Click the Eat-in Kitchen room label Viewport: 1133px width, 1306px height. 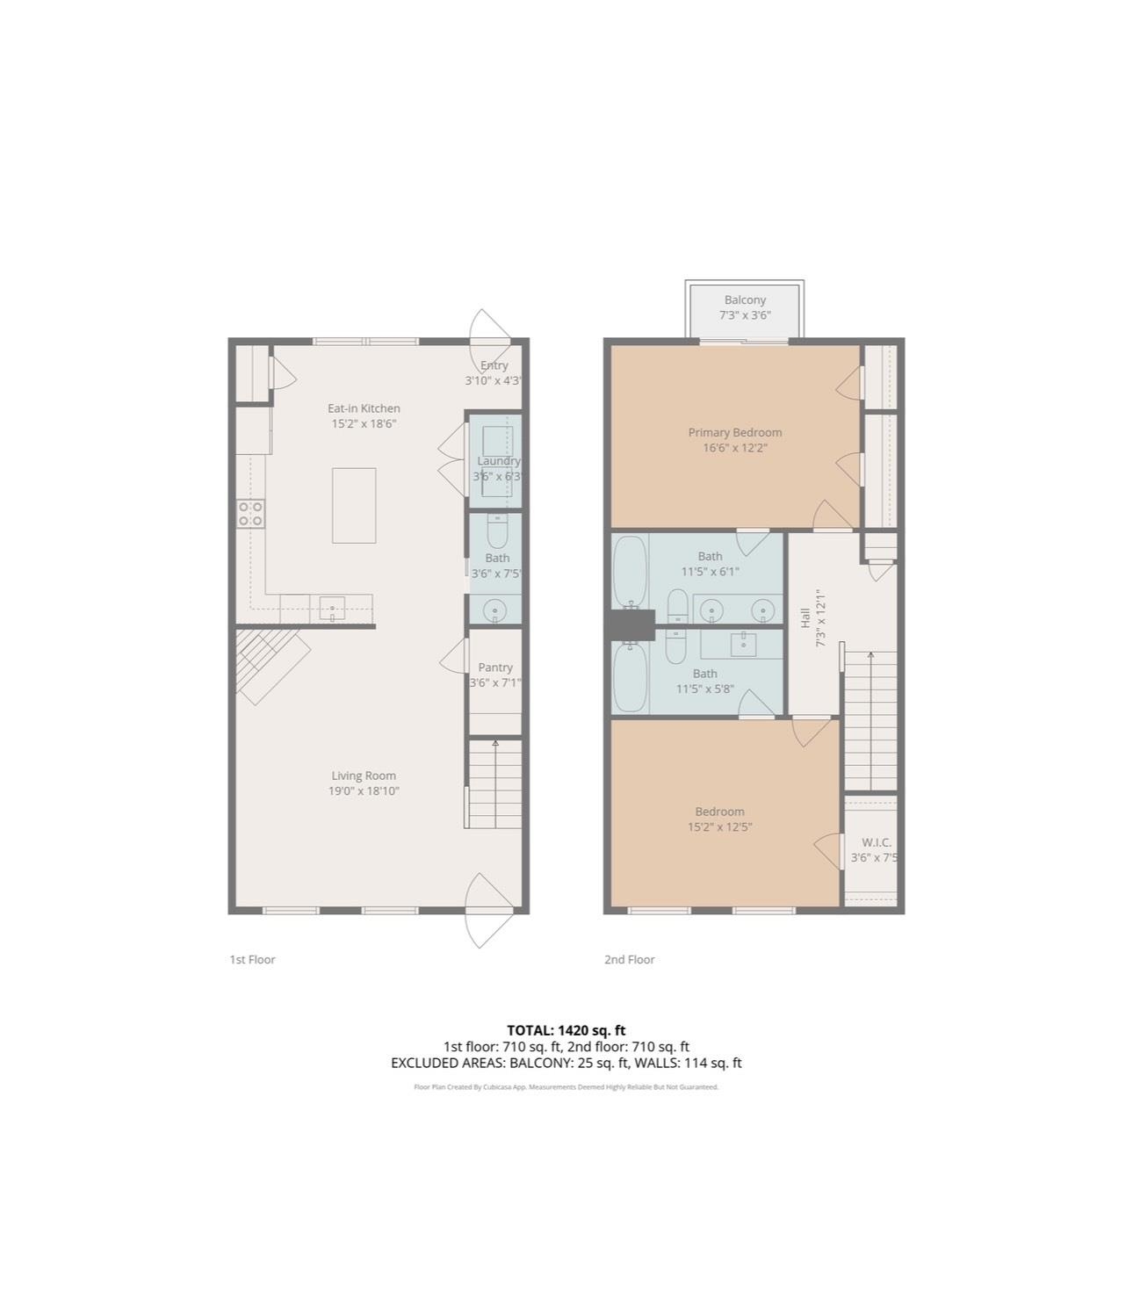tap(364, 408)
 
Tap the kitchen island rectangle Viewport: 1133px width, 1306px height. tap(354, 505)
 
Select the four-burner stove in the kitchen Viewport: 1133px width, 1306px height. tap(250, 513)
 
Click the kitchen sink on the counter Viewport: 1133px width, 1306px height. tap(332, 607)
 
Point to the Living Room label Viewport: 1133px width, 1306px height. tap(364, 776)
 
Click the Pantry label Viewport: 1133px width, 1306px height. tap(495, 667)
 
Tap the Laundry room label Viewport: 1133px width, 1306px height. tap(498, 461)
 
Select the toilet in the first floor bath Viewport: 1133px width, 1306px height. tap(496, 530)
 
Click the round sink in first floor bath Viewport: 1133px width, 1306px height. tap(496, 609)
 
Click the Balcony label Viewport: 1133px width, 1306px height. tap(745, 300)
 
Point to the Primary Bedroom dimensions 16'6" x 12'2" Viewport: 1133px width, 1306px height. tap(734, 448)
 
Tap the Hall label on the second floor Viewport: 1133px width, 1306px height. tap(805, 617)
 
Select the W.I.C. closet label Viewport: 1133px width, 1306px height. tap(876, 842)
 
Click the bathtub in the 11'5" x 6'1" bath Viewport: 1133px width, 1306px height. tap(629, 569)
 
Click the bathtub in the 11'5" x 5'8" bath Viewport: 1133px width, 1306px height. tap(629, 677)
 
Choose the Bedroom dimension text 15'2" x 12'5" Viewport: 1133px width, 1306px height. tap(719, 826)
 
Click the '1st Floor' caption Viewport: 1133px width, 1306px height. tap(252, 959)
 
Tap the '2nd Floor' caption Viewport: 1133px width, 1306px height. tap(629, 959)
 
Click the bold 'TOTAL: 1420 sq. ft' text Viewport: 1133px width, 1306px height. tap(566, 1030)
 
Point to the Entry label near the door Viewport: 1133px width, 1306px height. tap(494, 365)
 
